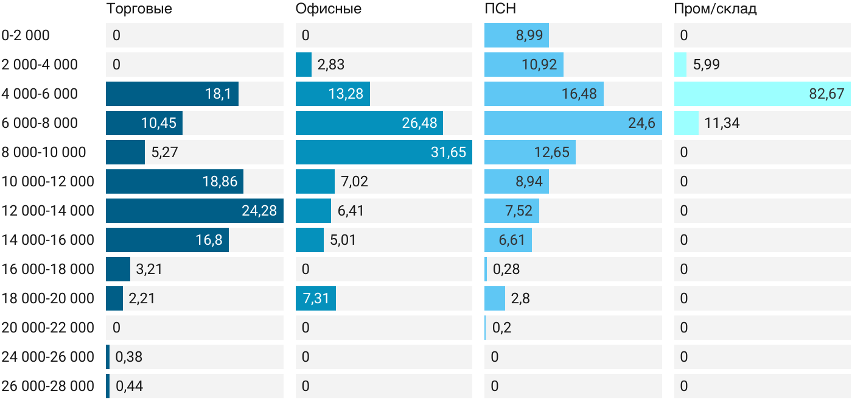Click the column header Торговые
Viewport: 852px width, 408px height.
139,9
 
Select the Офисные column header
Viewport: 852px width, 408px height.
328,9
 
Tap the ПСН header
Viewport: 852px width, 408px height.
500,9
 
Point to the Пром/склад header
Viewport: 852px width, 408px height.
715,9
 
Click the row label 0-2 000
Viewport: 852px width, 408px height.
26,35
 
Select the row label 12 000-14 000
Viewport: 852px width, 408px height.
48,211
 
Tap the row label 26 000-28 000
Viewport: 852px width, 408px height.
48,386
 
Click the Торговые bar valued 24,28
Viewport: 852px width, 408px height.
195,211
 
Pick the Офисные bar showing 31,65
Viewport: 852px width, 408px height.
384,152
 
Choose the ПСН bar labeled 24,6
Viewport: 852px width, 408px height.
573,123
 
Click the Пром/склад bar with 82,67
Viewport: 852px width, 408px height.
762,94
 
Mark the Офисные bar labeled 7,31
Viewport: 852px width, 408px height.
316,298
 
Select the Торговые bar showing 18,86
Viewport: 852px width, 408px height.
175,181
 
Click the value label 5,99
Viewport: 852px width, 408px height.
707,65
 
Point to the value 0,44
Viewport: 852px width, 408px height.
129,386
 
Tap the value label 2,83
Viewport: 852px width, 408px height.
331,65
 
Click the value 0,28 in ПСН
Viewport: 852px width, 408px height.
506,269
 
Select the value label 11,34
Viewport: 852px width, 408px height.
722,123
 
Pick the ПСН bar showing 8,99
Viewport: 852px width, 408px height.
517,35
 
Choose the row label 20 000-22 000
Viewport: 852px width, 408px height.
48,328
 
